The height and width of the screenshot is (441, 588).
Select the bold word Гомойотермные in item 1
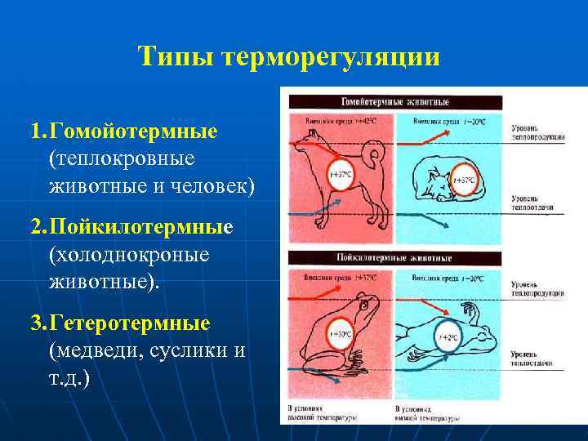133,131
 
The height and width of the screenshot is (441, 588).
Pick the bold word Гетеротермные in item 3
130,323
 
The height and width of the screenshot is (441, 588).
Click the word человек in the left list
216,187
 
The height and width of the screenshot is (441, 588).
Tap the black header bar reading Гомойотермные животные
394,101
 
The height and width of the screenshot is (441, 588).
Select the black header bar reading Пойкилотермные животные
394,257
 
